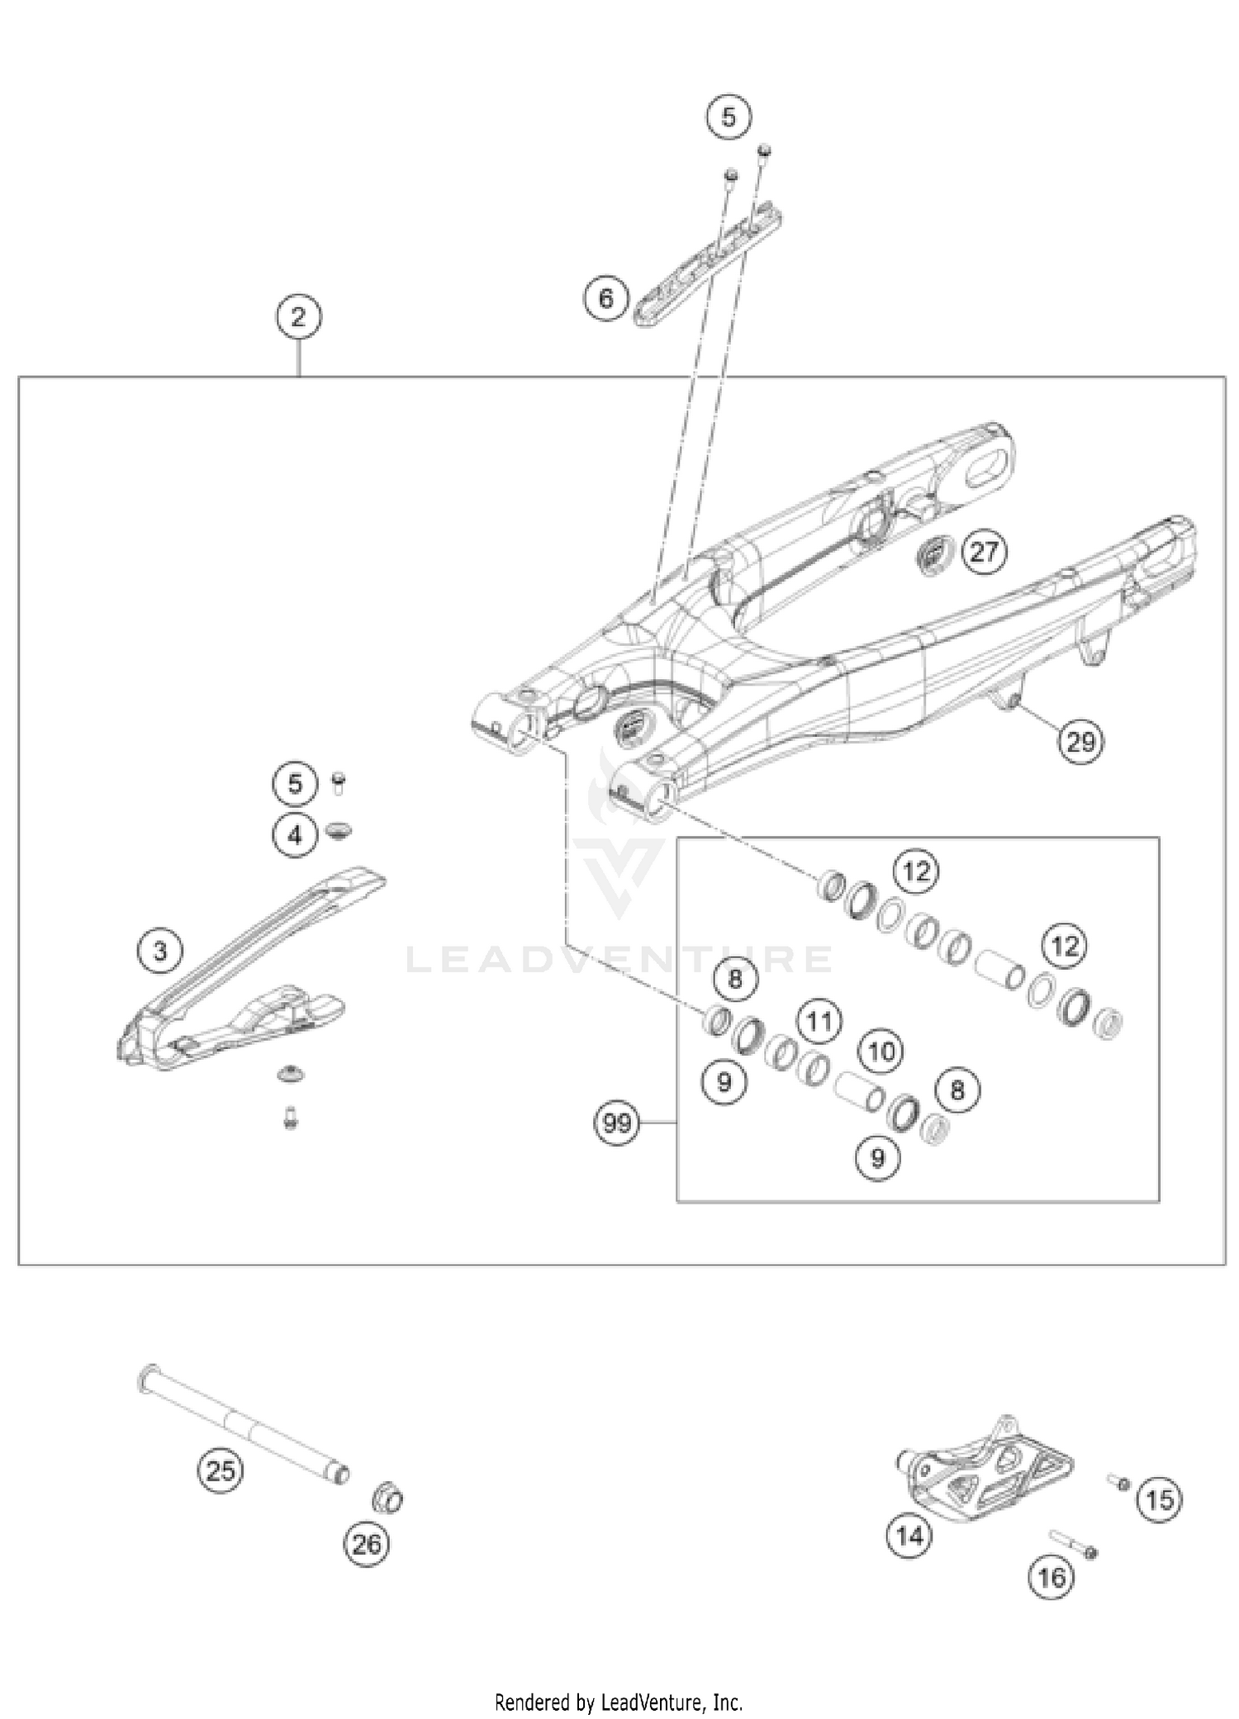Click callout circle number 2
298,317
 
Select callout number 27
984,551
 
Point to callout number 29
1081,743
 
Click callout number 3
160,951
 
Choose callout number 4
295,835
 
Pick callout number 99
618,1123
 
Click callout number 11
819,1022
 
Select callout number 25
221,1470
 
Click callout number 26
368,1543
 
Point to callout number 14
909,1536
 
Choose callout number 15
1160,1499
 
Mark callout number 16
1051,1578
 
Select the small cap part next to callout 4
338,829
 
